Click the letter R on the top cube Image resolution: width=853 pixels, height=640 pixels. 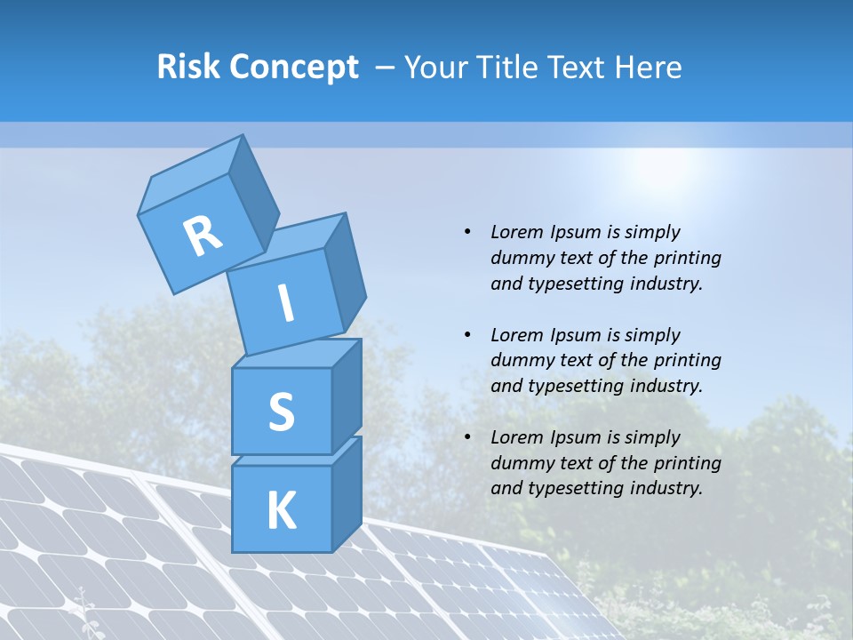coord(203,236)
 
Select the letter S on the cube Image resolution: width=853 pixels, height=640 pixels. coord(281,412)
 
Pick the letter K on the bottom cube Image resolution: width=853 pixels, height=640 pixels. coord(282,510)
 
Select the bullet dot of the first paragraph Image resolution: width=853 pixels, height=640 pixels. coord(467,232)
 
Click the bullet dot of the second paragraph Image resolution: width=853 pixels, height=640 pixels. coord(467,335)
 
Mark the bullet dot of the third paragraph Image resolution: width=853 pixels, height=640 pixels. coord(467,437)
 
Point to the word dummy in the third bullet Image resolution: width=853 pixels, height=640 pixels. coord(518,463)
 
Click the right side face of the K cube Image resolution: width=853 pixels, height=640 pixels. coord(347,493)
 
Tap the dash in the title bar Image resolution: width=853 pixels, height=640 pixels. coord(387,68)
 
